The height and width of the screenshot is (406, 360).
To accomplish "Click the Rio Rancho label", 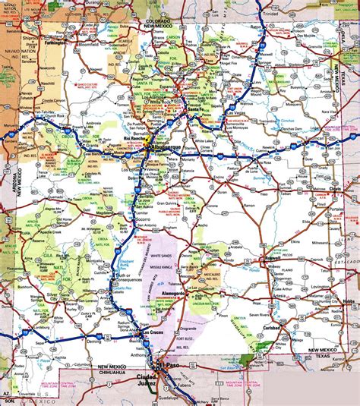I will pos(134,139).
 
